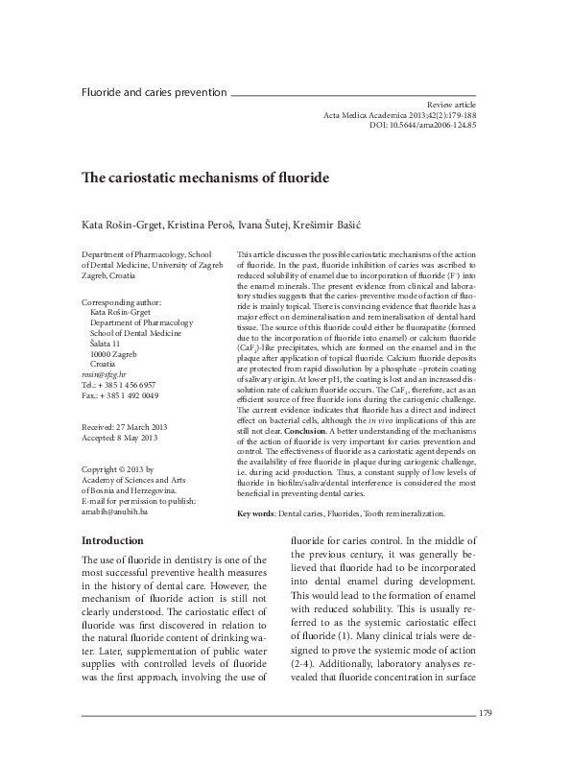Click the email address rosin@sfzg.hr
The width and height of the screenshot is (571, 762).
(102, 375)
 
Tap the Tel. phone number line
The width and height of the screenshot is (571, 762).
(121, 385)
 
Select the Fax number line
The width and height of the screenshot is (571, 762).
(121, 395)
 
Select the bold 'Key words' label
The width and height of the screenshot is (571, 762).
(255, 515)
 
